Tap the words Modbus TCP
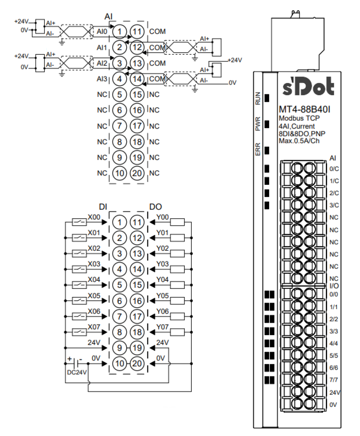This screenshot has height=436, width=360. tap(299, 119)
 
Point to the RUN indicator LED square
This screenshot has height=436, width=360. tap(267, 98)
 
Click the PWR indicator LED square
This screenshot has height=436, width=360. tap(267, 124)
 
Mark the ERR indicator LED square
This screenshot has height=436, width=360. tap(267, 150)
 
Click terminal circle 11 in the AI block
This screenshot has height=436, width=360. tap(138, 31)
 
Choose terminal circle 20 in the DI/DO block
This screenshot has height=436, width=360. tap(138, 363)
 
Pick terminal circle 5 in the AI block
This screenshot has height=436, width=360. tap(119, 94)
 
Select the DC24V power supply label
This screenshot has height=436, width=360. tap(76, 372)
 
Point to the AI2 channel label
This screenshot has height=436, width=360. tap(102, 63)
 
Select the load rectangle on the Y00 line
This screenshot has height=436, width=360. tap(178, 222)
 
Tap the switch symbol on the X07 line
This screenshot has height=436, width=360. tap(79, 332)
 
